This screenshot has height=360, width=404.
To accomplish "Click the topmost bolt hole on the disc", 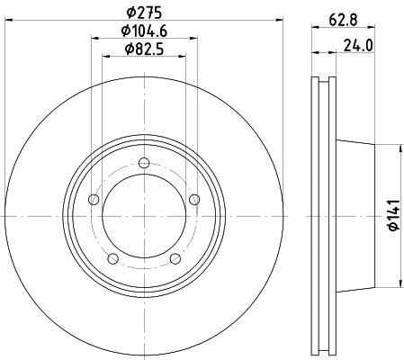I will pyautogui.click(x=143, y=163).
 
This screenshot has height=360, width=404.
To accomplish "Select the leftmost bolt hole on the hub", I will pyautogui.click(x=93, y=200).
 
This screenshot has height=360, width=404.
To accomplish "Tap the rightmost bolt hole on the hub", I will pyautogui.click(x=194, y=200).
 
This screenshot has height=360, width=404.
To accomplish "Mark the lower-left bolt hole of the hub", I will pyautogui.click(x=112, y=259).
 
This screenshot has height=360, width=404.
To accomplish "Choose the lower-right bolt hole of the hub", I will pyautogui.click(x=175, y=259).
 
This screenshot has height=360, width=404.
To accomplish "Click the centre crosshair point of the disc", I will pyautogui.click(x=143, y=216).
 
